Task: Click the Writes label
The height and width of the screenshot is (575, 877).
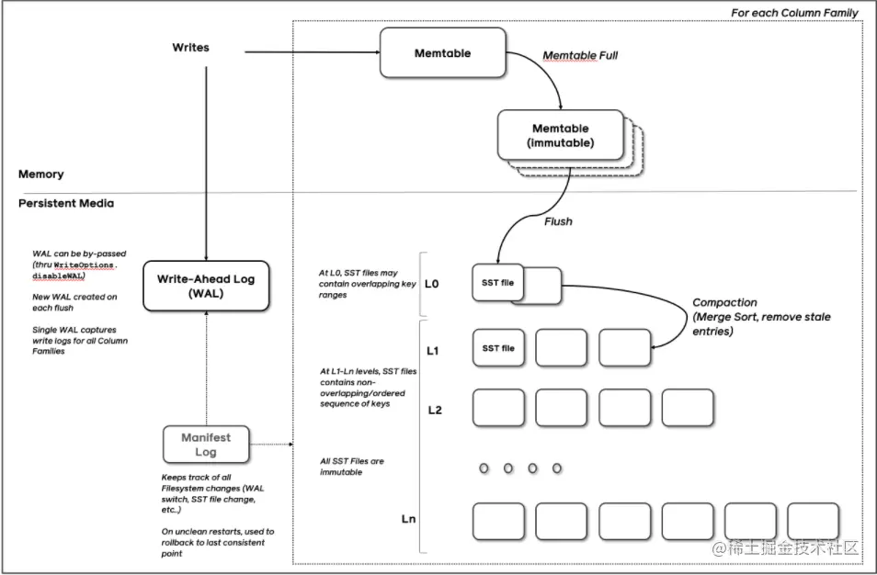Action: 190,47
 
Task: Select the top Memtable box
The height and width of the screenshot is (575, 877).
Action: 443,53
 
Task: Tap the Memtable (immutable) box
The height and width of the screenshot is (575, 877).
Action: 560,136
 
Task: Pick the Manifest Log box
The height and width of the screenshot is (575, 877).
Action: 205,445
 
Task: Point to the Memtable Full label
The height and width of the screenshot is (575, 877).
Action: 580,56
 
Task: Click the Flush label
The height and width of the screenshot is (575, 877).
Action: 558,221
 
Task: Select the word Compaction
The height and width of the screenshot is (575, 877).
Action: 724,302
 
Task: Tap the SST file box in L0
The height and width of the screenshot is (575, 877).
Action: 497,283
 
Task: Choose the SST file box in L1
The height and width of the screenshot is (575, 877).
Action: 497,348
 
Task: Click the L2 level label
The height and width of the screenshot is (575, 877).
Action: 434,409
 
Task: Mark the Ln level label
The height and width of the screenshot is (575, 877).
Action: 410,519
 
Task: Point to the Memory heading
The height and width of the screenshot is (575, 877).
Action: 40,174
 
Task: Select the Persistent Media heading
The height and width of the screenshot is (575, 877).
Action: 65,203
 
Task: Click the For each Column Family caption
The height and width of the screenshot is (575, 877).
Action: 794,13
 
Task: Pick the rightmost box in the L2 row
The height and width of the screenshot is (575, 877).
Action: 687,407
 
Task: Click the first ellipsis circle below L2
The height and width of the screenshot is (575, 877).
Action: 484,468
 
